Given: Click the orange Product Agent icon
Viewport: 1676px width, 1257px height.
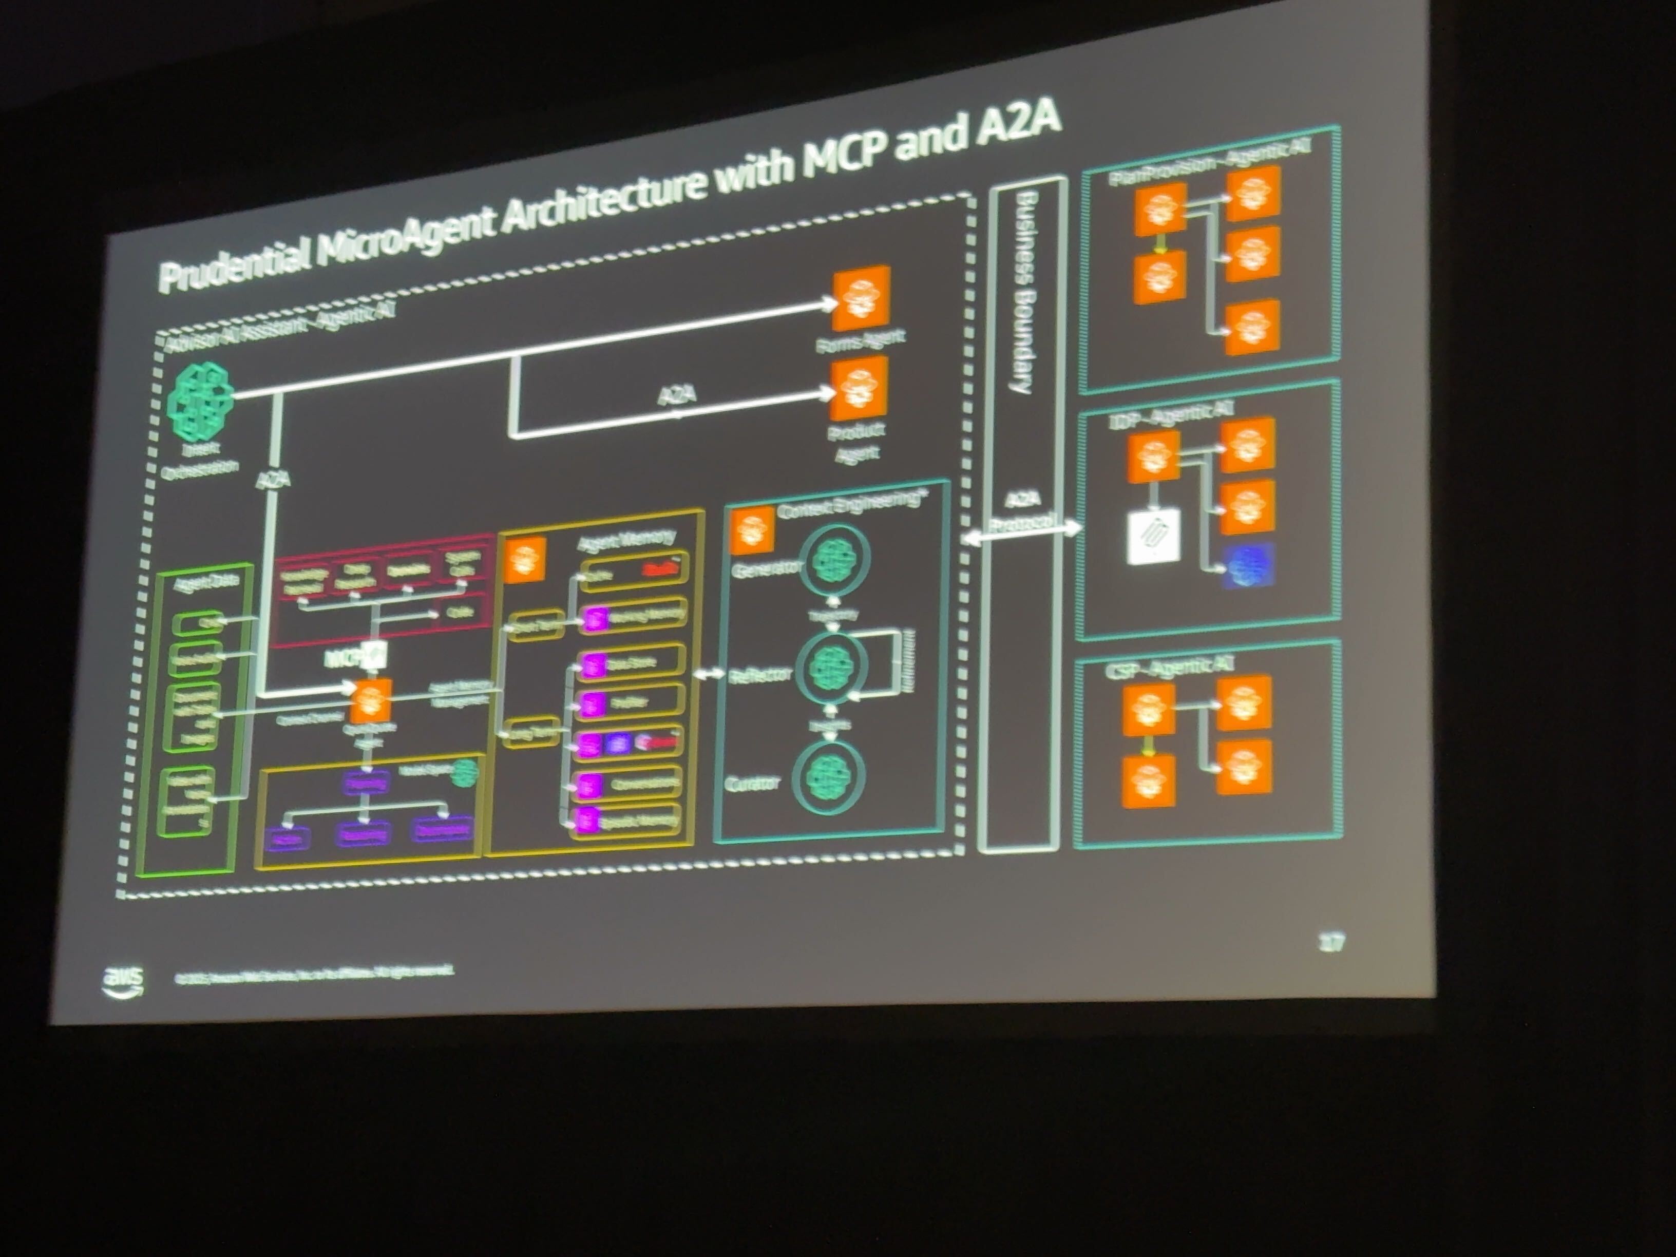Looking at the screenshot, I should (x=859, y=389).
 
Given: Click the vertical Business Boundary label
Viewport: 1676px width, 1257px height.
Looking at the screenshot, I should (x=1024, y=292).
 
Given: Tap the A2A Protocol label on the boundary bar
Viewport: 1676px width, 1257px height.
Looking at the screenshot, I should (x=1023, y=513).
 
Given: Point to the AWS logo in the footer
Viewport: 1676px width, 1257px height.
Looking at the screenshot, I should (x=123, y=981).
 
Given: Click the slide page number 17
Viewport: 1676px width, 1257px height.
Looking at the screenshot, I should (x=1330, y=943).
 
